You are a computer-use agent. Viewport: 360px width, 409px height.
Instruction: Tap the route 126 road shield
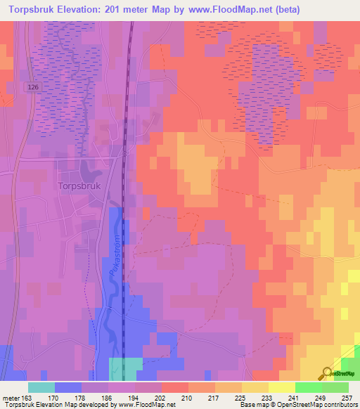(34, 86)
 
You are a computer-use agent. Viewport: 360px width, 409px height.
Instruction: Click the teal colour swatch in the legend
(41, 387)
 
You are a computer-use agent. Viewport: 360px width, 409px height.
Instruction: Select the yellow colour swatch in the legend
(282, 387)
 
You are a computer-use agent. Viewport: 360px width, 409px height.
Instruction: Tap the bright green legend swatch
(309, 387)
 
